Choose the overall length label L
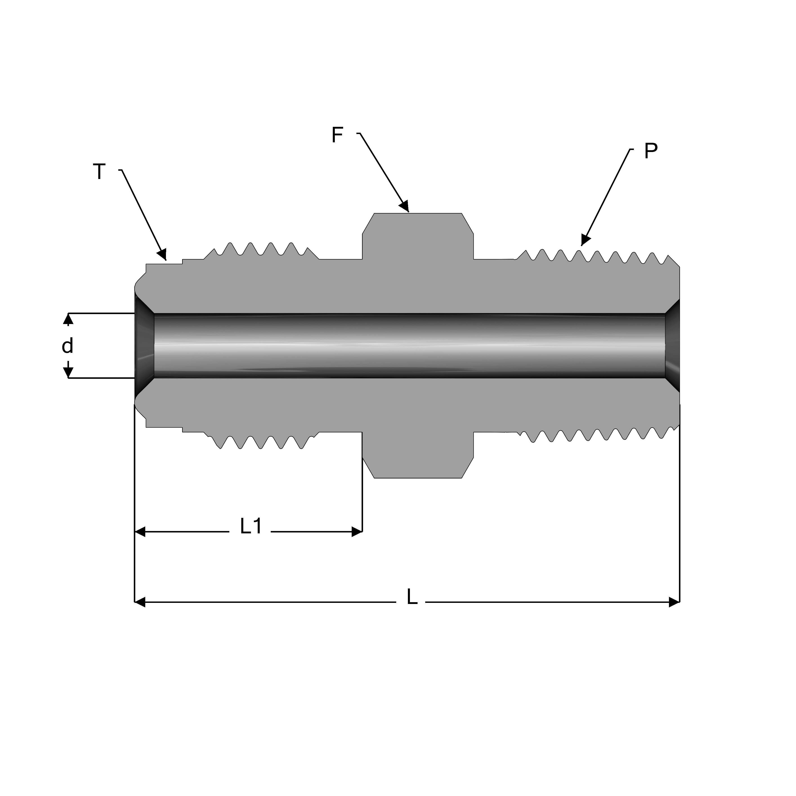[x=411, y=597]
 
